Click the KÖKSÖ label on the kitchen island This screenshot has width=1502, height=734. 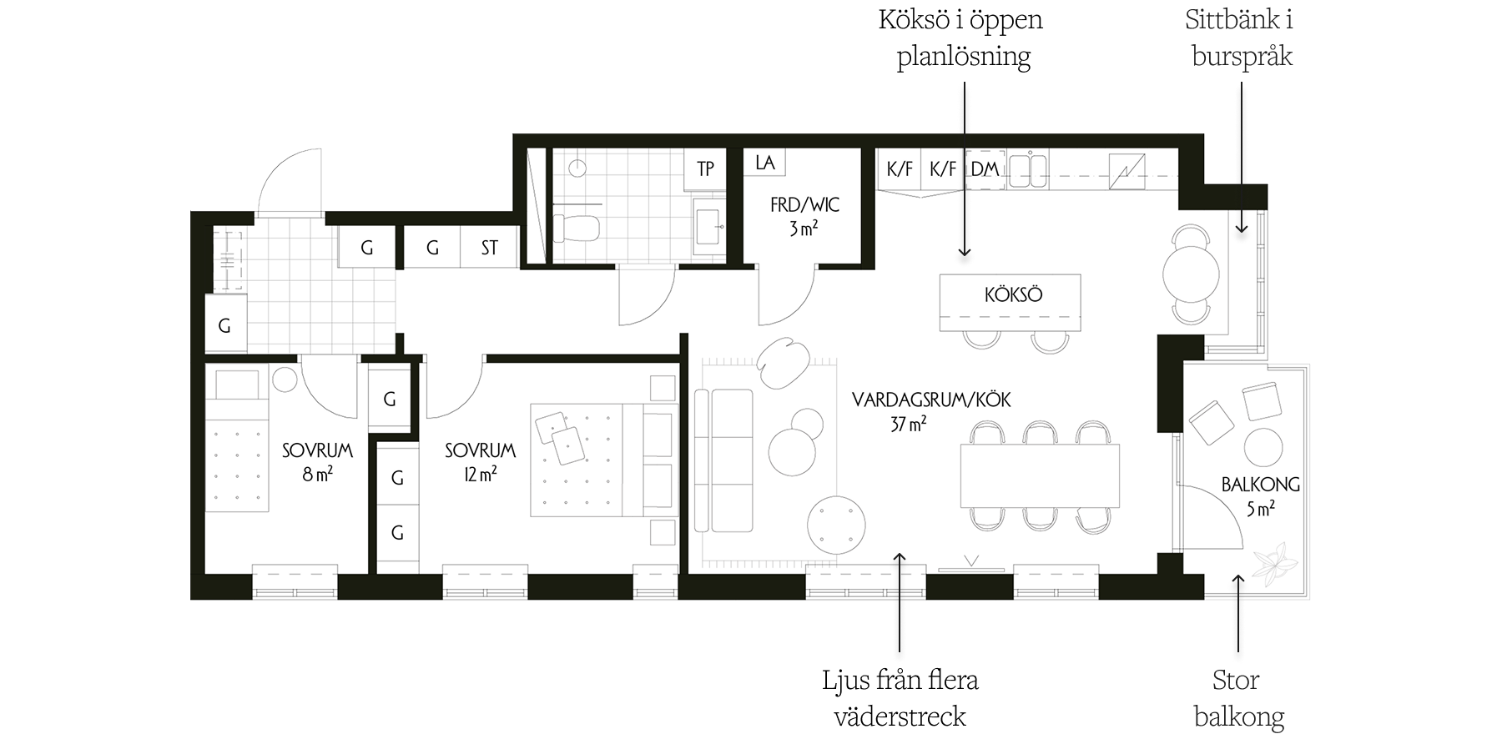tap(1013, 294)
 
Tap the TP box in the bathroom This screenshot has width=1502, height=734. tap(705, 168)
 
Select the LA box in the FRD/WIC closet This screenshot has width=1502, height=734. tap(764, 163)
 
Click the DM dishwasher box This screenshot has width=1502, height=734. tap(985, 168)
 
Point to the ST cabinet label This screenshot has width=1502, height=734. tap(489, 248)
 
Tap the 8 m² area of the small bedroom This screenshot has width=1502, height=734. tap(317, 475)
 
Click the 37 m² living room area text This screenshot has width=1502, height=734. tap(908, 424)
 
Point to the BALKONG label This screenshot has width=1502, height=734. tap(1260, 484)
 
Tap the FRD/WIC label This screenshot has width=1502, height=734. tap(804, 204)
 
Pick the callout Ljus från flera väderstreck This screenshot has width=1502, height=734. tap(900, 698)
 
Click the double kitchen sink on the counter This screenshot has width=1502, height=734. tap(1028, 169)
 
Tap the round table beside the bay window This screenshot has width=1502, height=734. tap(1192, 274)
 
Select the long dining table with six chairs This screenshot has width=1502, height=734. tap(1040, 476)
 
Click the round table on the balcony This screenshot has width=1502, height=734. tap(1263, 447)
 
